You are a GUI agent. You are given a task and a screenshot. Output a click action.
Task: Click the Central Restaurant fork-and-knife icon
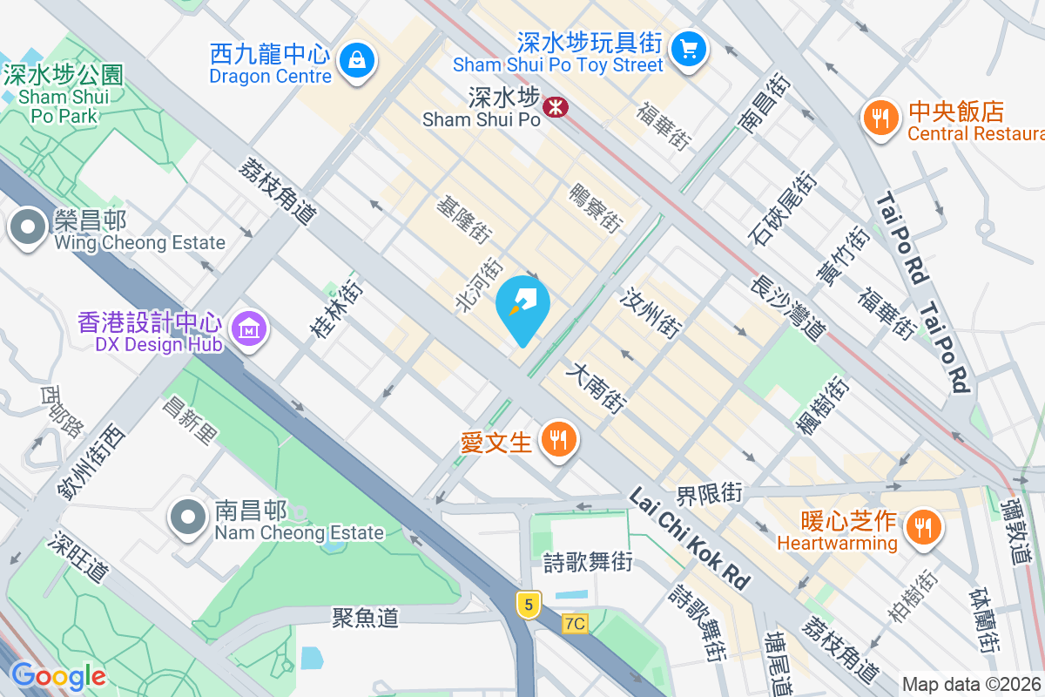click(882, 118)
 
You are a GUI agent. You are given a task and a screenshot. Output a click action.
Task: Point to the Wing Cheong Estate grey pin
click(28, 227)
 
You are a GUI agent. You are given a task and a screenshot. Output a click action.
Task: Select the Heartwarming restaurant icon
click(920, 527)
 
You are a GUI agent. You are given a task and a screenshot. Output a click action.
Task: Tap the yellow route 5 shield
click(527, 604)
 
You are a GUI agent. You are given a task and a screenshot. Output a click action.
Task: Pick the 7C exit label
click(575, 624)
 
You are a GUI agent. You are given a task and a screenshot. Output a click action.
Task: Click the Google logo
click(57, 675)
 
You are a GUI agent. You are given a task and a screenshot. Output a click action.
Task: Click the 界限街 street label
click(709, 494)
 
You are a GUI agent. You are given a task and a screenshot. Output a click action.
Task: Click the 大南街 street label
click(597, 389)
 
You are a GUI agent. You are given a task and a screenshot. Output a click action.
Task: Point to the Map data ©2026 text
click(972, 684)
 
